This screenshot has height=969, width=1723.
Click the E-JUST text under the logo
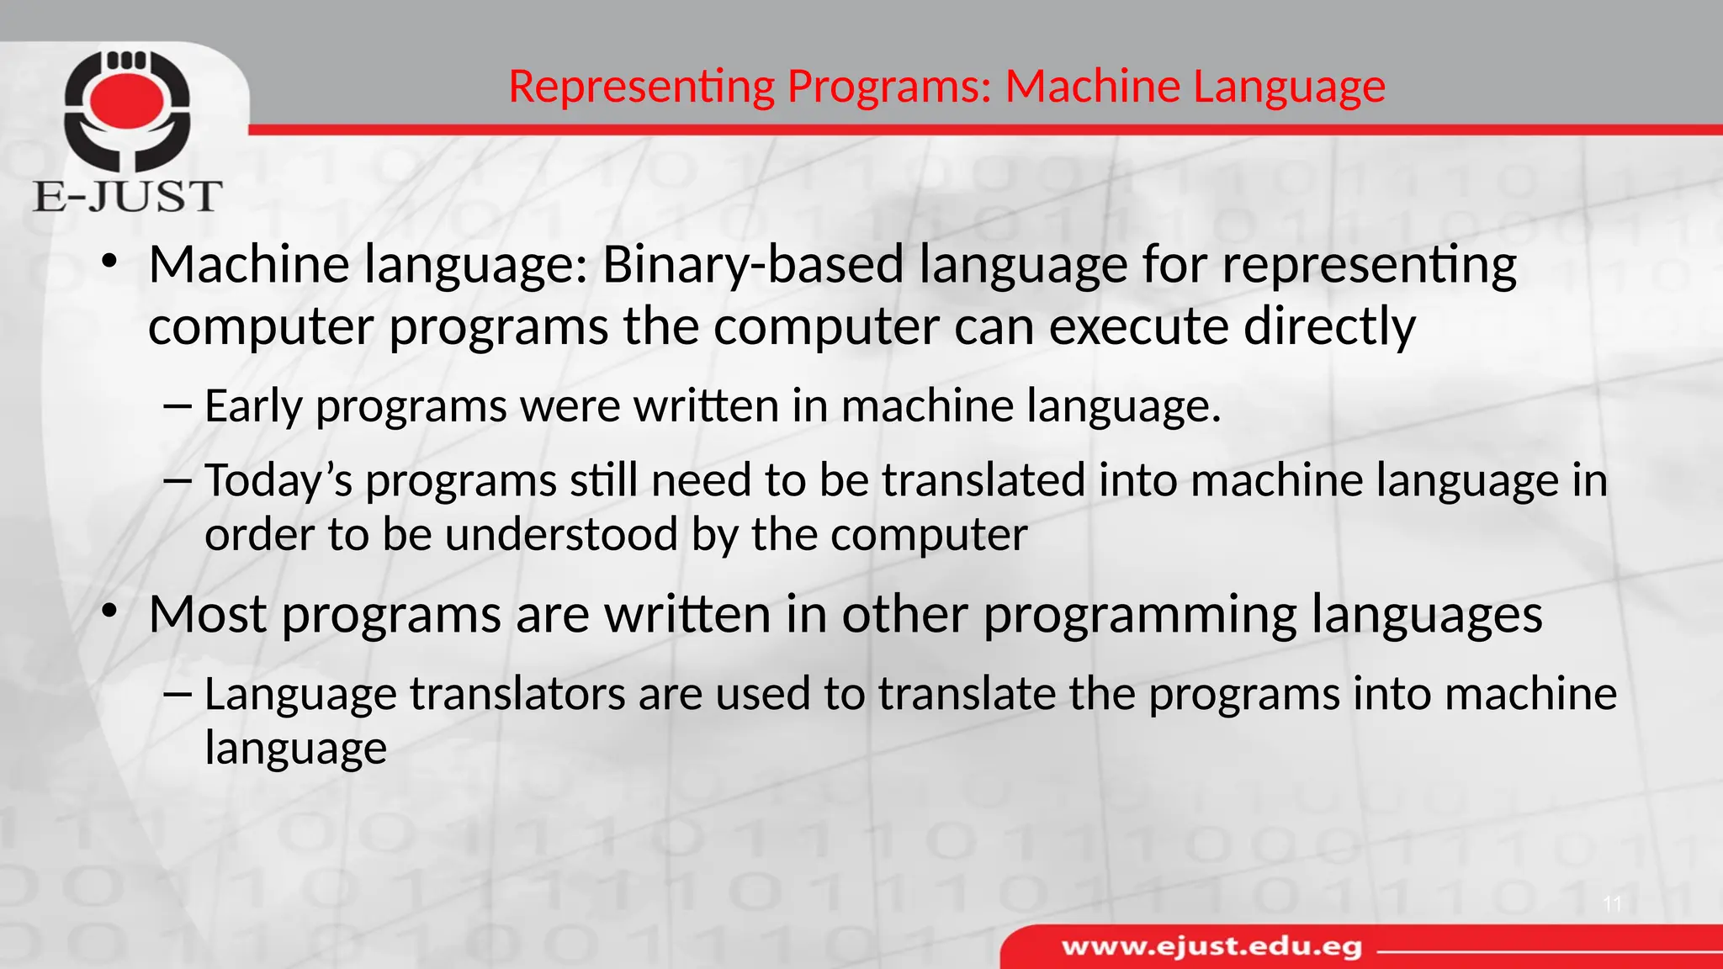128,197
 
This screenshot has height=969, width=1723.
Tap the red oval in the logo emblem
127,99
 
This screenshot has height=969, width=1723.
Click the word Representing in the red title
641,87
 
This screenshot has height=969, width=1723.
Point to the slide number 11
1612,904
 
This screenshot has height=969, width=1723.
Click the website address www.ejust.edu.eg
1211,947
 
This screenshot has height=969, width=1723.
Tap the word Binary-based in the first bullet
753,265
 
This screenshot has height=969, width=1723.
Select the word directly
1329,326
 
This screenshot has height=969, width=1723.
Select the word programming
1140,616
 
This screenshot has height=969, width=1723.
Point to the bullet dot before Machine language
108,262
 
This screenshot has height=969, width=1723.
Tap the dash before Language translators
178,694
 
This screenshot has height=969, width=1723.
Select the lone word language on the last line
295,749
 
